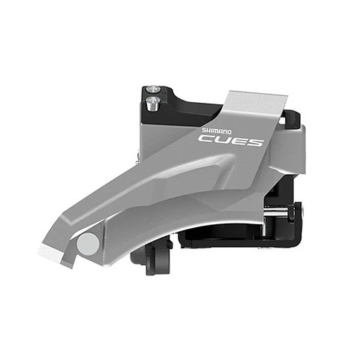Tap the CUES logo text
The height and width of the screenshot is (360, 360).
click(230, 139)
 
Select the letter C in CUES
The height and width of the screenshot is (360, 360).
click(206, 138)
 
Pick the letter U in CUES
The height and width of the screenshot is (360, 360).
click(222, 139)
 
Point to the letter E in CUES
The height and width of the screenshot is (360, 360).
click(238, 139)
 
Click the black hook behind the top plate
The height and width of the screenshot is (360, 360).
click(293, 120)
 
